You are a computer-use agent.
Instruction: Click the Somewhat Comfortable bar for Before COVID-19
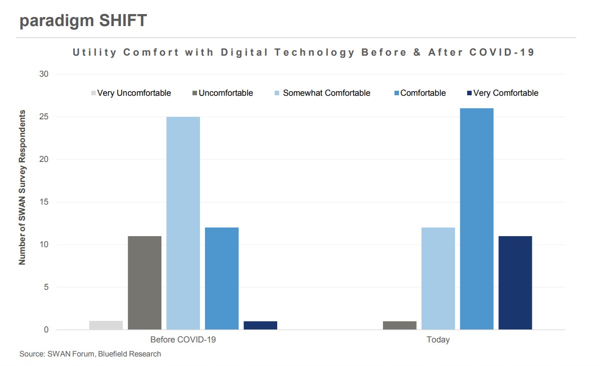coord(183,223)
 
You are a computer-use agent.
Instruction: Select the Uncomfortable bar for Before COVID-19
coord(145,283)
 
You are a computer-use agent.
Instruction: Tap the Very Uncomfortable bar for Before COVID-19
coord(106,325)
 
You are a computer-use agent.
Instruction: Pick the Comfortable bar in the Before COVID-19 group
coord(222,278)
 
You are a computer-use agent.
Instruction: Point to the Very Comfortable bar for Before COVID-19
coord(260,325)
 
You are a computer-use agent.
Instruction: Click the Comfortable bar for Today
coord(477,219)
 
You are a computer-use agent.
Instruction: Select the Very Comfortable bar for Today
coord(515,283)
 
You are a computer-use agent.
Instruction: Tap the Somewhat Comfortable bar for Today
coord(438,278)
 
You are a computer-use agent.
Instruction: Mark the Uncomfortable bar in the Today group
coord(399,325)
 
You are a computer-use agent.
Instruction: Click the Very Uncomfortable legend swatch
coord(93,93)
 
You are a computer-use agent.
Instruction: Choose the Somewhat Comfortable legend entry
coord(326,93)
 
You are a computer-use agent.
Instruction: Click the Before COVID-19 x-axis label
coord(183,340)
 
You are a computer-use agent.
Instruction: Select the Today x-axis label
coord(438,340)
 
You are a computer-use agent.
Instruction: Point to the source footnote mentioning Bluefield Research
coord(90,354)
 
